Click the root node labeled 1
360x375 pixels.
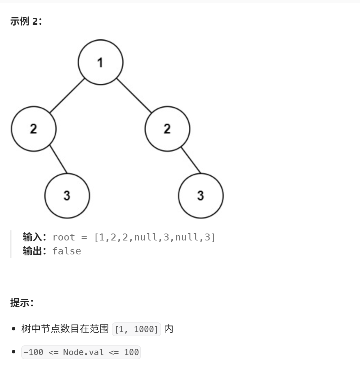[x=100, y=62]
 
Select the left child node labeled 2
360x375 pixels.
[x=33, y=129]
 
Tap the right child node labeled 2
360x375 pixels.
[x=167, y=129]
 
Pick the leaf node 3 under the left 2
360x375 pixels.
[x=67, y=196]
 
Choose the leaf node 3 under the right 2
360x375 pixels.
[x=201, y=196]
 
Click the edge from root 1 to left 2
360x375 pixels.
[x=67, y=96]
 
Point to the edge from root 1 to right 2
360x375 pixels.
[x=134, y=96]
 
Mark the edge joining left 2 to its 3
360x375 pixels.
[x=58, y=159]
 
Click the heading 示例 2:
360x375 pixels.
[x=26, y=22]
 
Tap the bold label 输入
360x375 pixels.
[x=32, y=237]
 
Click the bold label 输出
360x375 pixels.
[x=32, y=251]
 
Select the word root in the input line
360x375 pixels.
[x=64, y=237]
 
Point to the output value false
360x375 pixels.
[x=66, y=251]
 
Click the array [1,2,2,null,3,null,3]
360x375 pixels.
[x=155, y=237]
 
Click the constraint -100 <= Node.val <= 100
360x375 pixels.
[x=81, y=352]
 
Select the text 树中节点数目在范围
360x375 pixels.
[x=65, y=329]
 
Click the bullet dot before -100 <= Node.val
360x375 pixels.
[x=14, y=352]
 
